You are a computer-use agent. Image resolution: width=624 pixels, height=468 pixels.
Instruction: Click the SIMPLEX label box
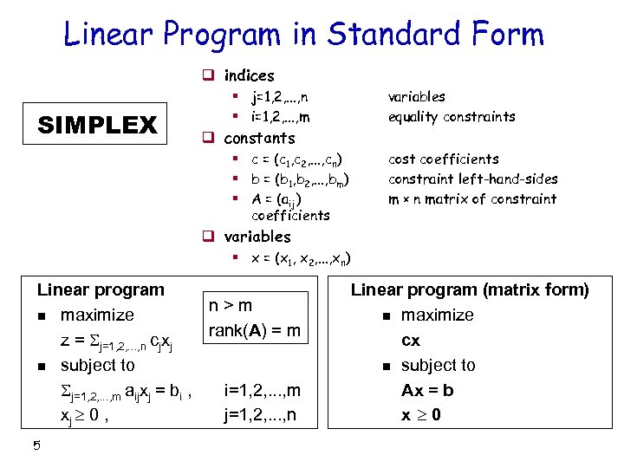pyautogui.click(x=97, y=125)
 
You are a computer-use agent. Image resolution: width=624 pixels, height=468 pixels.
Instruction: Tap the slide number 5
pyautogui.click(x=36, y=446)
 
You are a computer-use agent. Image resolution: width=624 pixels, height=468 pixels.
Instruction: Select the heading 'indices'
pyautogui.click(x=249, y=75)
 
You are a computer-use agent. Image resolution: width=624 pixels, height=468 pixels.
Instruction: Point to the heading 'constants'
pyautogui.click(x=259, y=138)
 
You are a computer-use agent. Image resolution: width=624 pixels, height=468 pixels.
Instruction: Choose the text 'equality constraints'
pyautogui.click(x=452, y=116)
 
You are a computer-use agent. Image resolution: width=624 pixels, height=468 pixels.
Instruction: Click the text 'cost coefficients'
pyautogui.click(x=444, y=159)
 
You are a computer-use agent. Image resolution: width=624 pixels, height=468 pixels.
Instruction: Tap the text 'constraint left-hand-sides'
pyautogui.click(x=472, y=179)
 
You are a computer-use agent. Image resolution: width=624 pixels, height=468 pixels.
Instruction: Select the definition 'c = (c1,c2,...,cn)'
pyautogui.click(x=296, y=159)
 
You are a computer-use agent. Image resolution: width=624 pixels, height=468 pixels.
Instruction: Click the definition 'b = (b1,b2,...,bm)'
pyautogui.click(x=300, y=179)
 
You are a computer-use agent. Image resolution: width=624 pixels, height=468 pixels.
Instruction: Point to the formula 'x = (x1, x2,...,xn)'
pyautogui.click(x=301, y=258)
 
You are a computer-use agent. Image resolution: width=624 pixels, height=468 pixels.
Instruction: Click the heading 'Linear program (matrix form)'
pyautogui.click(x=470, y=289)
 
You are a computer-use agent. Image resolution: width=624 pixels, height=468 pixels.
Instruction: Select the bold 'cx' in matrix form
pyautogui.click(x=411, y=340)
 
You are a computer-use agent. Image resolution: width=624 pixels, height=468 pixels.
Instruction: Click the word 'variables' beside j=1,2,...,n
pyautogui.click(x=417, y=96)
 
